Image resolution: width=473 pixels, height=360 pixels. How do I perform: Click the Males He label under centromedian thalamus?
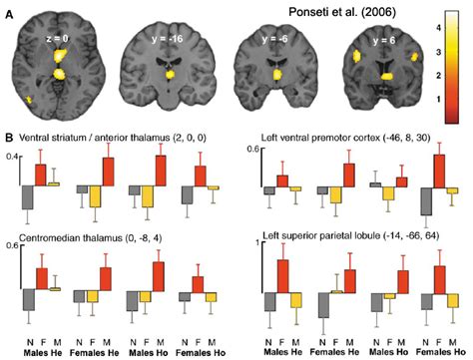pos(40,352)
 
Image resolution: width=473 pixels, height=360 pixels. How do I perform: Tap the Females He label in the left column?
pos(97,352)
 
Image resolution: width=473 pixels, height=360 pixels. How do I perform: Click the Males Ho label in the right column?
pos(387,352)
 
